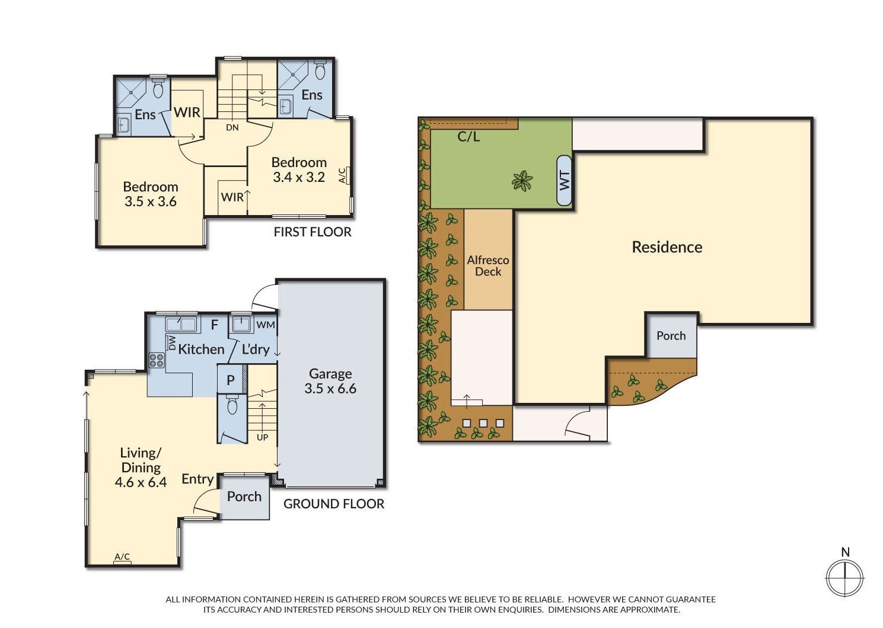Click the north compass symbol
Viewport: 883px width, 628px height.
[845, 576]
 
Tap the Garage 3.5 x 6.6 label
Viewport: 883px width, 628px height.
[330, 381]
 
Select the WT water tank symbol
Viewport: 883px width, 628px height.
[564, 180]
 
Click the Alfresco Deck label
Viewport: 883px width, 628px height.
[488, 265]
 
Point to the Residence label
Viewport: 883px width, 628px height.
[667, 247]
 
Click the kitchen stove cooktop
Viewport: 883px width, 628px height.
[157, 360]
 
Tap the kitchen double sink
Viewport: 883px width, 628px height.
[181, 324]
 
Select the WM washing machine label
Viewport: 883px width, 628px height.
[265, 325]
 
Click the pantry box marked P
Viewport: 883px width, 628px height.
[231, 380]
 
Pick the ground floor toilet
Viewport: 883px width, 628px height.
[232, 406]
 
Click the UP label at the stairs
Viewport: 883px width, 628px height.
[262, 437]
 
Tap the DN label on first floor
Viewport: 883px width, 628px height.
[232, 127]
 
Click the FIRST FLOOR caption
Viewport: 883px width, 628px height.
[312, 232]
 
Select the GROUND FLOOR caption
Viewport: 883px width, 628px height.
[333, 504]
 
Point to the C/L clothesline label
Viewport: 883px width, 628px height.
[468, 137]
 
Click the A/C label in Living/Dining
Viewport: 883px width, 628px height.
[122, 557]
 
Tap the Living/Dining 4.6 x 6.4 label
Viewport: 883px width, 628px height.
[141, 467]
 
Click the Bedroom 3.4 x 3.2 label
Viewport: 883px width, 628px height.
[299, 169]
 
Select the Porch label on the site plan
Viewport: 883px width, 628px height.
[671, 336]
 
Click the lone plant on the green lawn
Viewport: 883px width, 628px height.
[522, 181]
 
